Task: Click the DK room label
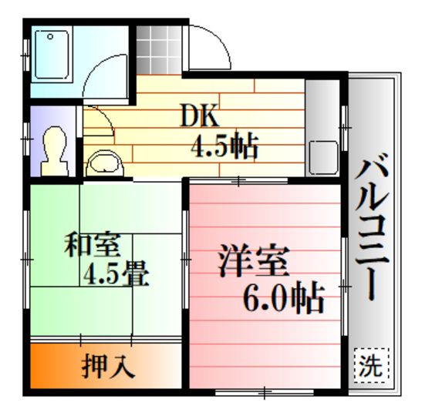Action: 200,116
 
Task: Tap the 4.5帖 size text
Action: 224,146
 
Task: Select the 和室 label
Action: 93,244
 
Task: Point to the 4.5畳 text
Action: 116,273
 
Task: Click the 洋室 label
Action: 254,260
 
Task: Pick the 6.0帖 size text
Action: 283,298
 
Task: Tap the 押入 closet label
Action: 108,366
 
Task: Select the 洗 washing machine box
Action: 372,365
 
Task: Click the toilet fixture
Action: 55,151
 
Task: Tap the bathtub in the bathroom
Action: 52,55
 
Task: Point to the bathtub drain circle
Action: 50,36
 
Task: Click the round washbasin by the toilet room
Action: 105,164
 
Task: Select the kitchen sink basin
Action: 323,158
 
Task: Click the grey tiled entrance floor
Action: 159,50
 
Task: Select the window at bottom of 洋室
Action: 264,393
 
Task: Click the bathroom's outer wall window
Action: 26,55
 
